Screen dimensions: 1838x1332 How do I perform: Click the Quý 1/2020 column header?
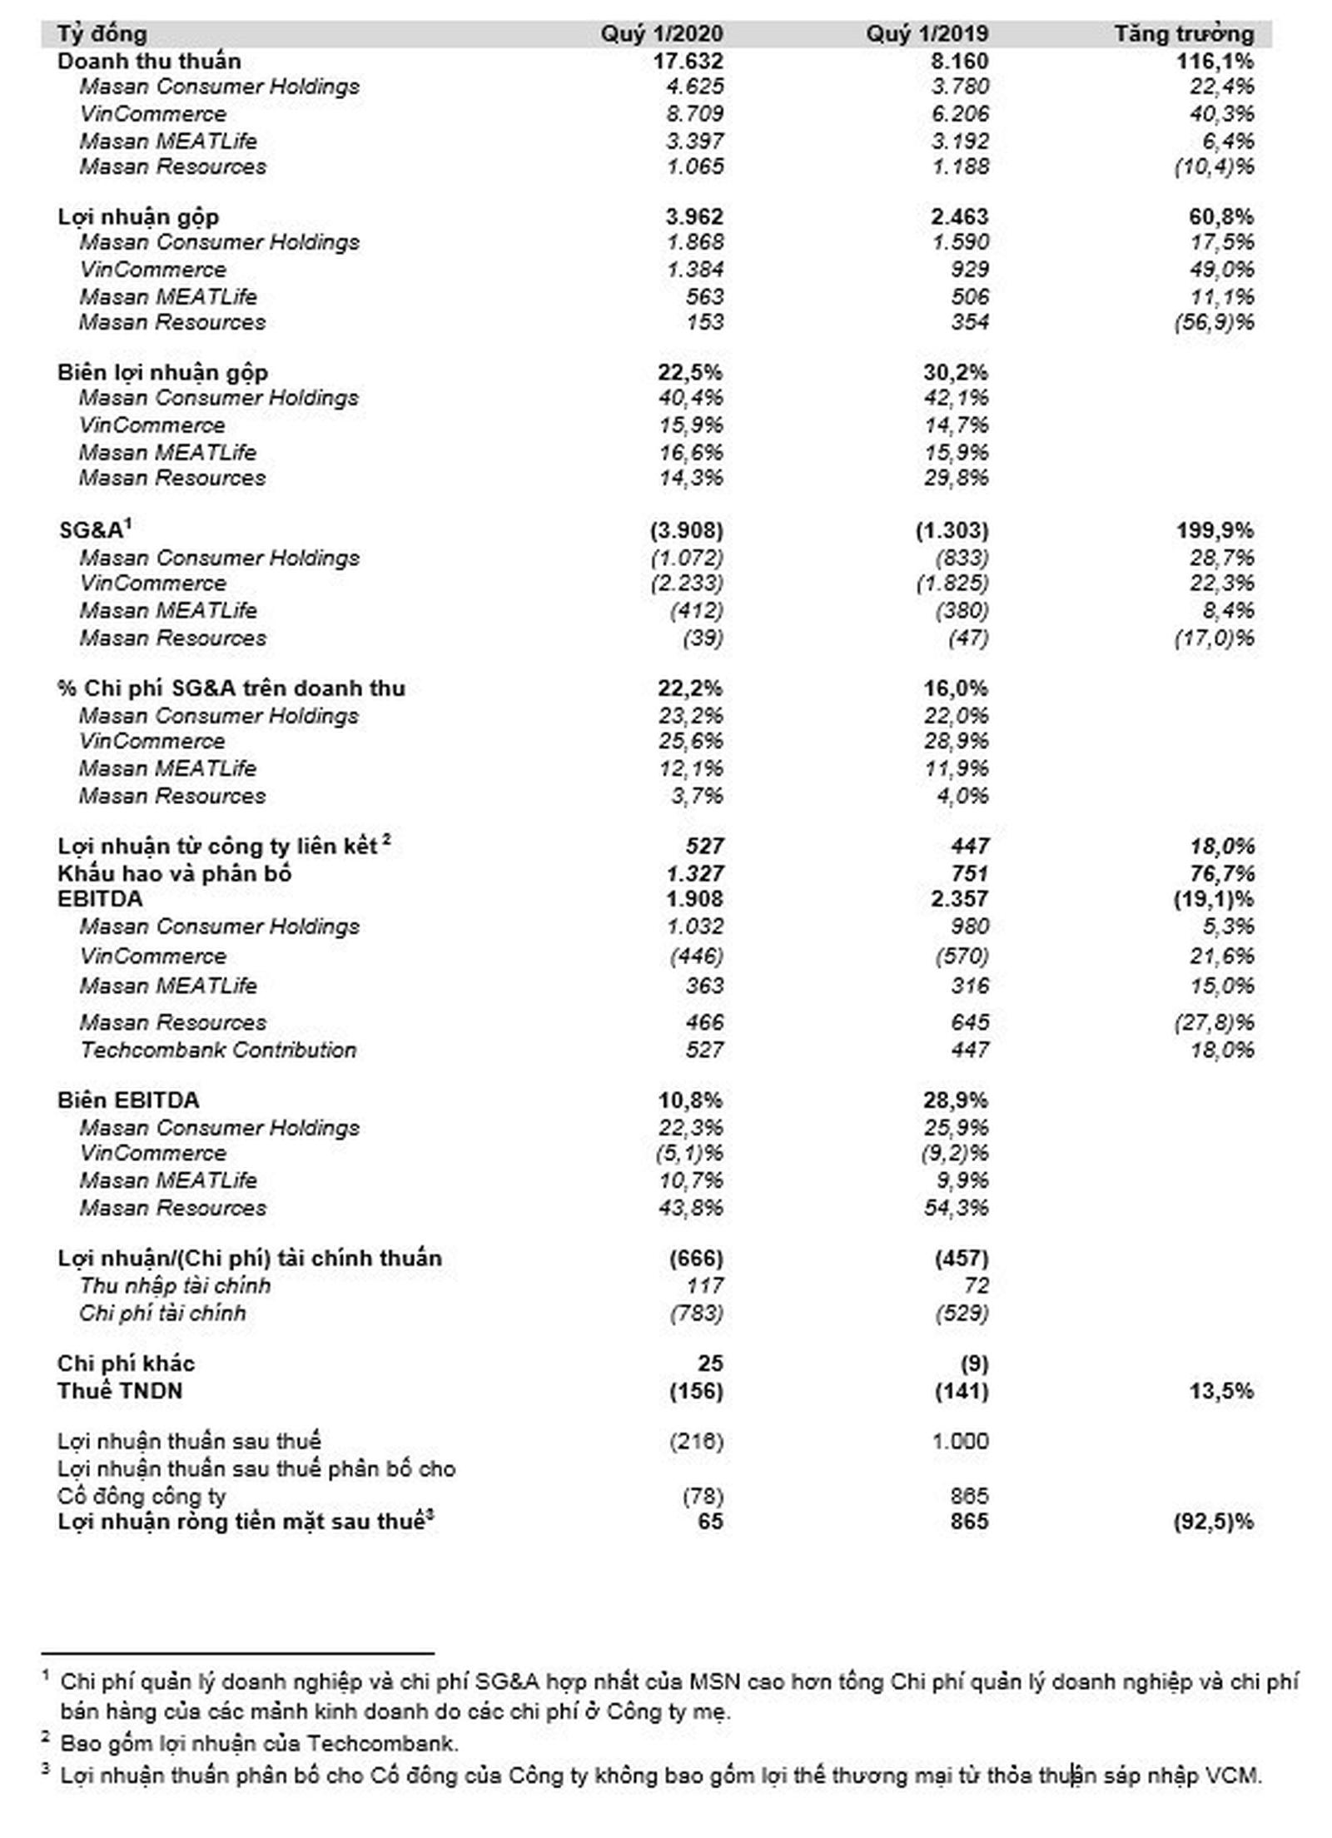point(662,34)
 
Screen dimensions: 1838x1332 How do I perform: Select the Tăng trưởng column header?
point(1184,34)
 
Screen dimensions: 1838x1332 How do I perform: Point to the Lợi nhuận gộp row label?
point(138,217)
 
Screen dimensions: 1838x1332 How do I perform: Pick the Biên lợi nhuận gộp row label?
point(162,373)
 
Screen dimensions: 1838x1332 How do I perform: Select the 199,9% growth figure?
point(1215,530)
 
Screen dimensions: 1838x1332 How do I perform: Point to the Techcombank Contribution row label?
point(218,1050)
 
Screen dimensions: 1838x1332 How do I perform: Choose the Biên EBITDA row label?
point(128,1100)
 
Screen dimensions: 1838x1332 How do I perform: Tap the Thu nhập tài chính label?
point(175,1285)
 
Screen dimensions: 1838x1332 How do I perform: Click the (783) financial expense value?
point(696,1313)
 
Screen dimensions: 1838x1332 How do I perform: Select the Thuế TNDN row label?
point(120,1391)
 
